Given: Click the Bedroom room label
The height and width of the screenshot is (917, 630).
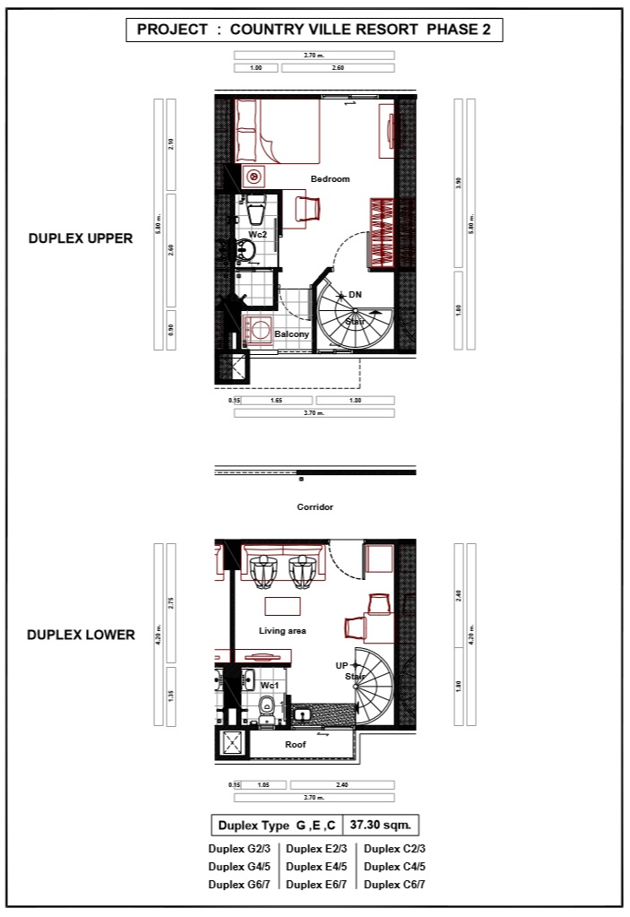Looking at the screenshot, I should (330, 179).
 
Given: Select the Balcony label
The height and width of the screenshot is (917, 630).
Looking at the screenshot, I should (291, 334).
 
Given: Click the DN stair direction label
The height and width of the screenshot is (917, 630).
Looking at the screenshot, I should (355, 294).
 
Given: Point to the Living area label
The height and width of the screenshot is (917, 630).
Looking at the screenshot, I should (282, 631).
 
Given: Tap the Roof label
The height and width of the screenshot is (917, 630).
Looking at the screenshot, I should (296, 744).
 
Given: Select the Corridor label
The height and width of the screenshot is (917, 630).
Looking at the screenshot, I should (315, 507).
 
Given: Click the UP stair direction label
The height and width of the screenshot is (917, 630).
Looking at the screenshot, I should (341, 665).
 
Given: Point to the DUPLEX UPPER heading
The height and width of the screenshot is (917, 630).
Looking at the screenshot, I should (81, 238).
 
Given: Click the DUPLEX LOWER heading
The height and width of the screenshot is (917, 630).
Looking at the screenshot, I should (81, 635).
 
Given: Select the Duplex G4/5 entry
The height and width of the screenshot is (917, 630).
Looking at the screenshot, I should (238, 866).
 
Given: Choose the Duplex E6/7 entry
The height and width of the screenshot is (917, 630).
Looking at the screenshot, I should (316, 884).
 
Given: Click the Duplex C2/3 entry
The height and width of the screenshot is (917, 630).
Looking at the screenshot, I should (394, 848).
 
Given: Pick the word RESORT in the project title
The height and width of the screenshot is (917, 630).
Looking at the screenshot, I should (388, 30).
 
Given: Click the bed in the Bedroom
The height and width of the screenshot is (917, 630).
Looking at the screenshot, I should (278, 131).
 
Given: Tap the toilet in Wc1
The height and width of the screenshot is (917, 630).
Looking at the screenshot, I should (266, 710).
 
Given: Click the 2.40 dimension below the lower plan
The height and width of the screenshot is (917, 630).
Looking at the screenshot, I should (341, 784).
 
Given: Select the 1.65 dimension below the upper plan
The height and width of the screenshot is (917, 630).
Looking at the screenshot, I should (276, 401).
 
